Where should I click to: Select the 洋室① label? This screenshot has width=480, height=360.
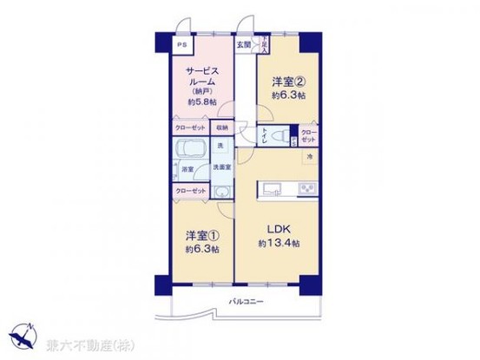199,235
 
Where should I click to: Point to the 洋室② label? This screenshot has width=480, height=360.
287,83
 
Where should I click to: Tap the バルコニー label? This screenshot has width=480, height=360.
247,301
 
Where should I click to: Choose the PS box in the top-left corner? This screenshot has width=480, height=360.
181,46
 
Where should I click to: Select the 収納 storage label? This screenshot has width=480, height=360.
223,128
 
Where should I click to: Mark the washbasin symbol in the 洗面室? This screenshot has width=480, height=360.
222,193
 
